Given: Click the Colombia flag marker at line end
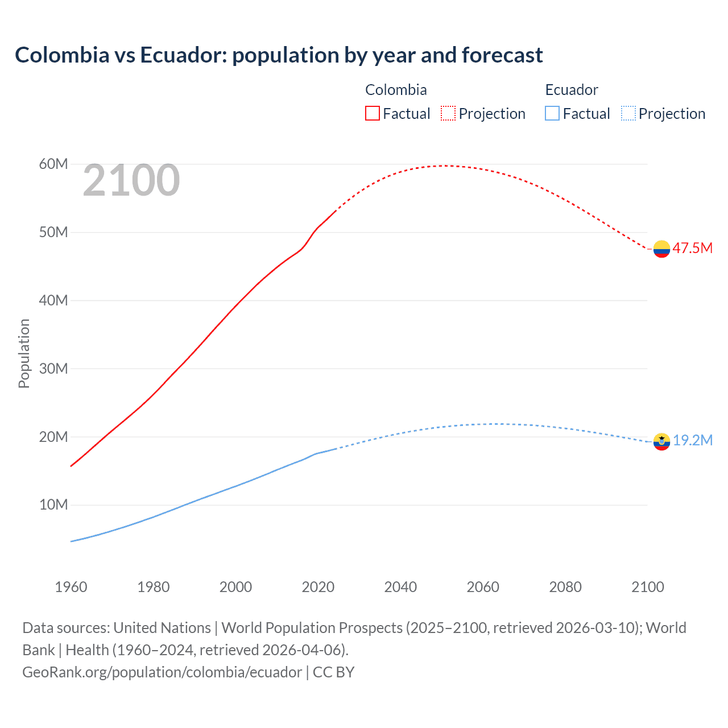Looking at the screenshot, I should (661, 249).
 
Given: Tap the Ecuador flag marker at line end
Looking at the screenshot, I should (661, 441).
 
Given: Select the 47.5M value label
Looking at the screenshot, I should (692, 248).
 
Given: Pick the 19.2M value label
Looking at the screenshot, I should (693, 440).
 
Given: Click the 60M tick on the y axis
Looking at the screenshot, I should (53, 164).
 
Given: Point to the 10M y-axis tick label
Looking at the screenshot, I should (53, 505).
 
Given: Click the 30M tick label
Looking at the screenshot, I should (53, 369).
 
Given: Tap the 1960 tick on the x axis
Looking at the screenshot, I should (71, 587).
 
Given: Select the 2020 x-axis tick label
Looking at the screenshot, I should (318, 587).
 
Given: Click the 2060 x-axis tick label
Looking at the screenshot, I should (483, 587).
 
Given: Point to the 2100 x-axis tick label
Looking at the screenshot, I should (647, 587).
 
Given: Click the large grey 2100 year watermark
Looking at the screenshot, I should (131, 181).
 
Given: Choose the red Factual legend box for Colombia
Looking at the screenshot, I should (372, 114).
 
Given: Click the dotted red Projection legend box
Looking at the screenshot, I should (448, 114).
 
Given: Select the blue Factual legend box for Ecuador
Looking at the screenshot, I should (552, 114).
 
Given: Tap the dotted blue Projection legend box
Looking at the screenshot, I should (628, 114).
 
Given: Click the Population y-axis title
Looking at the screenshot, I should (24, 353).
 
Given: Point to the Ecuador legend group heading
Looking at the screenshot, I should (572, 90).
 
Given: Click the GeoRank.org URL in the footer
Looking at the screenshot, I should (162, 672).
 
